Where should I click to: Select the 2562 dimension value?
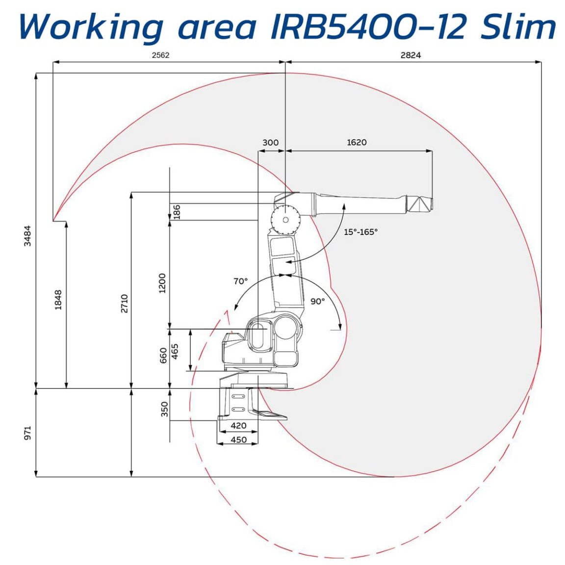pos(160,55)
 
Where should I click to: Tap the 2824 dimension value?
pos(411,55)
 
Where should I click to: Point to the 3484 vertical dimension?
pos(27,235)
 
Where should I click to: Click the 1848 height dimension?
pos(58,300)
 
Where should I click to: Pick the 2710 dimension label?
pos(124,303)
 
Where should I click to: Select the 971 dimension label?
pos(27,433)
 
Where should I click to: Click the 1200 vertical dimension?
pos(162,283)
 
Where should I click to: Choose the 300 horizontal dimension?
pos(270,142)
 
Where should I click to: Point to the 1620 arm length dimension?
pos(357,142)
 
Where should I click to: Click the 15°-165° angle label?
pos(360,232)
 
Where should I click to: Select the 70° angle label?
pos(240,281)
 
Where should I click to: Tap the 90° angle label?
pos(317,301)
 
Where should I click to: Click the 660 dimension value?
pos(163,356)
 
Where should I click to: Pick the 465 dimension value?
pos(175,351)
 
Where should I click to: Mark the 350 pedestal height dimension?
pos(164,409)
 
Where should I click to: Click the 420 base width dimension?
pos(238,426)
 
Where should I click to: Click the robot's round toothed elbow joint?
pos(285,219)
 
